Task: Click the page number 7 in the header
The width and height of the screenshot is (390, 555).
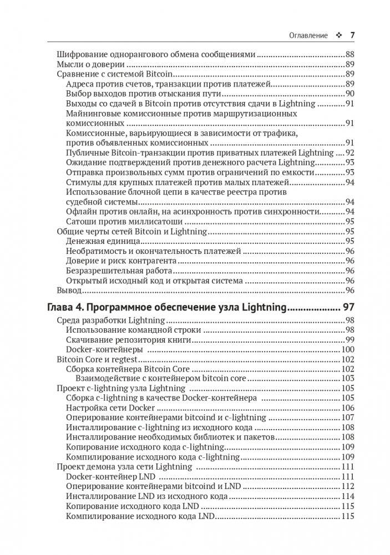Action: pos(352,35)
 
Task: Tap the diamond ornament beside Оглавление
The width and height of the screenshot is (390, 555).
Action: pos(338,35)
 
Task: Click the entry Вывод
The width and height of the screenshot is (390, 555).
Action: pos(69,290)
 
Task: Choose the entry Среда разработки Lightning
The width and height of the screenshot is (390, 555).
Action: pos(111,320)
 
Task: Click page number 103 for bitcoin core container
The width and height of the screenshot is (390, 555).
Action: pos(347,379)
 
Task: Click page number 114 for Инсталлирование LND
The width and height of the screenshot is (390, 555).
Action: pos(347,496)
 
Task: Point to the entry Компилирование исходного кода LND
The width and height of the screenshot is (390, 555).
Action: pos(140,516)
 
